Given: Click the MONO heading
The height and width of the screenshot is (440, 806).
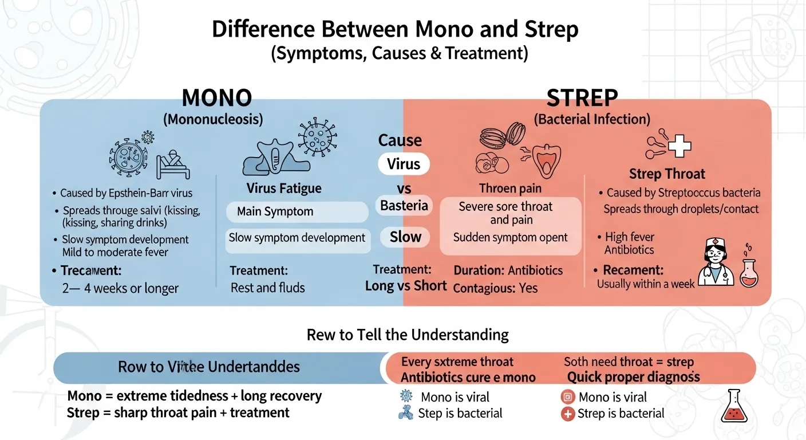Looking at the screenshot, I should (x=216, y=98).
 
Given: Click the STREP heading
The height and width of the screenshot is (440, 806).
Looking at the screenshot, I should (x=582, y=98).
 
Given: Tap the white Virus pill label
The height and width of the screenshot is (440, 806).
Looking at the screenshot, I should (x=404, y=164).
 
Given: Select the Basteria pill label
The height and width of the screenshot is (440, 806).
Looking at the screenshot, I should (x=404, y=205).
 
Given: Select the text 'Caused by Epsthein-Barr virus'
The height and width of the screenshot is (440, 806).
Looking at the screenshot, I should (x=127, y=192).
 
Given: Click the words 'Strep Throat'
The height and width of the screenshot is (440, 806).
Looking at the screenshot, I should (x=667, y=174).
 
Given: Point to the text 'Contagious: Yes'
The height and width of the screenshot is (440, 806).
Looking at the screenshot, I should (x=495, y=288).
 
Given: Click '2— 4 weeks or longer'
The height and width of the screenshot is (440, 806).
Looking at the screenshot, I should (x=120, y=288).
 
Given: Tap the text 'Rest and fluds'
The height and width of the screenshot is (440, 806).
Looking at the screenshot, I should (x=267, y=288).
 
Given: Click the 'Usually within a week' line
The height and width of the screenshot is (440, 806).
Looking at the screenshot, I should (x=646, y=284).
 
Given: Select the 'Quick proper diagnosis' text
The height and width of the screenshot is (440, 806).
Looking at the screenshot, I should (x=633, y=377).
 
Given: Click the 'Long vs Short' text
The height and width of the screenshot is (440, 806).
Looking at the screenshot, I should (x=406, y=285).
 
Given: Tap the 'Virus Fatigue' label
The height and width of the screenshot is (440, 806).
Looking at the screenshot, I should (x=284, y=188).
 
